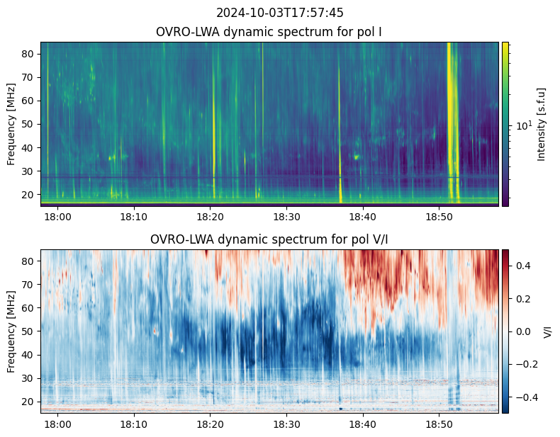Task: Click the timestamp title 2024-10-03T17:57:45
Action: pos(280,13)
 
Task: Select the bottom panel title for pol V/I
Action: pos(269,239)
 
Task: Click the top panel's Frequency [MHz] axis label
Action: pos(12,124)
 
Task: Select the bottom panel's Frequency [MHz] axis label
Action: pos(12,331)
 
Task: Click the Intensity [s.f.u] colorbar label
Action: pos(542,124)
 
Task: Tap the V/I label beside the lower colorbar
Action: pos(547,331)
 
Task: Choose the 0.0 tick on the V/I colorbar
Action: pos(522,331)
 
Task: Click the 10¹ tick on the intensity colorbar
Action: pos(523,125)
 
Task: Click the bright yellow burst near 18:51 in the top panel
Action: pos(449,106)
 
